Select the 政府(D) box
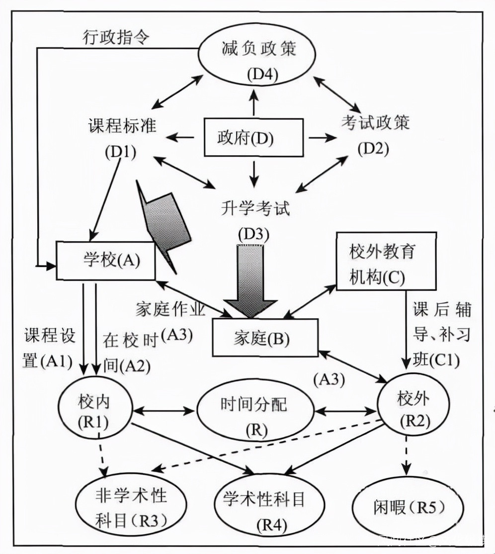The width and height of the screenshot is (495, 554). coord(253,137)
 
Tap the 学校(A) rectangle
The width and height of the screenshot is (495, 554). coord(105,260)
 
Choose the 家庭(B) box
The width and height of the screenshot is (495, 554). coord(265,338)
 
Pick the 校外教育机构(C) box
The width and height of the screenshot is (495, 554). coord(386,261)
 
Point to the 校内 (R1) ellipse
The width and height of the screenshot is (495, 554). coord(97,408)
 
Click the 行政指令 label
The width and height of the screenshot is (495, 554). coord(114,39)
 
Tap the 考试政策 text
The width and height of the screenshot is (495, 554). coord(376,121)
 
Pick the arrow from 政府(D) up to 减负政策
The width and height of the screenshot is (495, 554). coord(254,102)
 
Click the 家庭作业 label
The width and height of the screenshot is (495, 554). coord(170,309)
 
